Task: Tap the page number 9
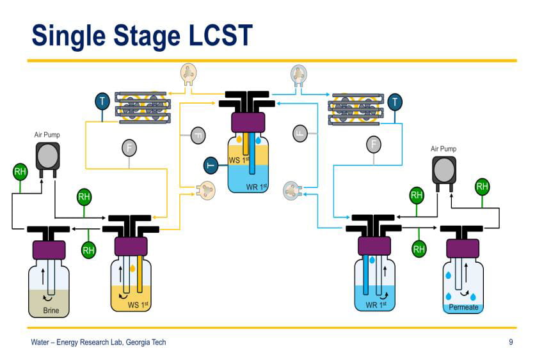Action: pos(511,342)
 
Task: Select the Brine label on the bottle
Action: pos(51,310)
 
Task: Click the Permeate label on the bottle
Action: pos(463,308)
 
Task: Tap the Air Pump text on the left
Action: pos(47,135)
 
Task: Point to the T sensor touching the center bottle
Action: pos(211,165)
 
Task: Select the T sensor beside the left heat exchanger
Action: pos(102,101)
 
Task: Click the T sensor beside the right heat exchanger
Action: pos(395,101)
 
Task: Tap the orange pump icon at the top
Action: pos(188,74)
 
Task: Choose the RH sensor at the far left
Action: pos(20,171)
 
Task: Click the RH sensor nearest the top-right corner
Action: pos(482,187)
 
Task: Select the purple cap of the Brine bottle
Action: pos(49,248)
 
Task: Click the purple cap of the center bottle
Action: pos(248,121)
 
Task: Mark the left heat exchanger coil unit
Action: pos(142,106)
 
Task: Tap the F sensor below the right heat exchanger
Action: pos(373,145)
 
